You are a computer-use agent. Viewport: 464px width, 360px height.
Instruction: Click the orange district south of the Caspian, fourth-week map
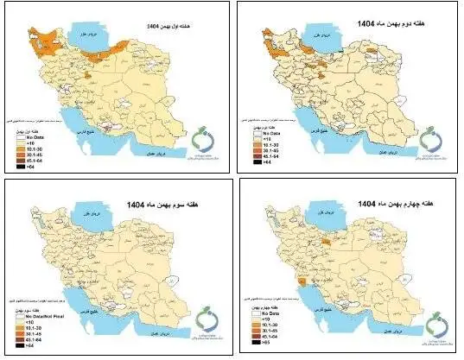pos(327,243)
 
